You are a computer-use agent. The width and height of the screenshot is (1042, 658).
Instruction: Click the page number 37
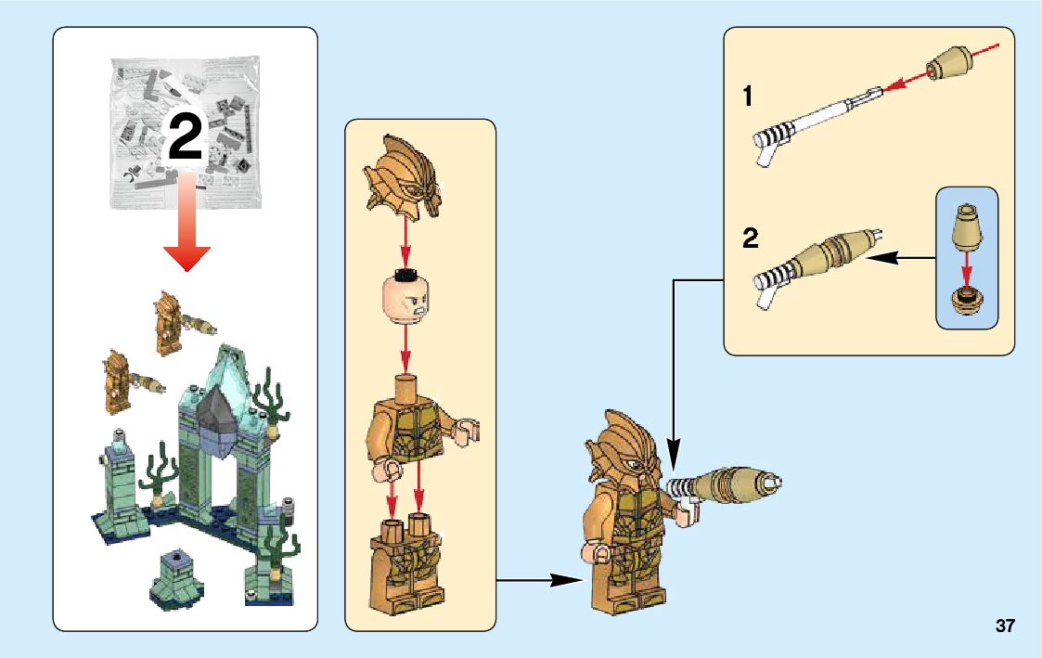tap(1005, 626)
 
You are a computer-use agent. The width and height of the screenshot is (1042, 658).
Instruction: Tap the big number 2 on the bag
tap(185, 140)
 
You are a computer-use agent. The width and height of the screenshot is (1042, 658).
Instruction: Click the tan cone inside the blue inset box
tap(966, 228)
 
